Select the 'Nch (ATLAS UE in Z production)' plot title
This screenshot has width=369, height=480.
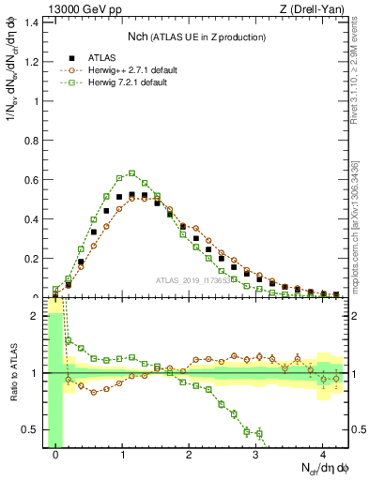[197, 37]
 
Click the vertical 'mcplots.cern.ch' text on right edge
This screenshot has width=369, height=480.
[357, 220]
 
